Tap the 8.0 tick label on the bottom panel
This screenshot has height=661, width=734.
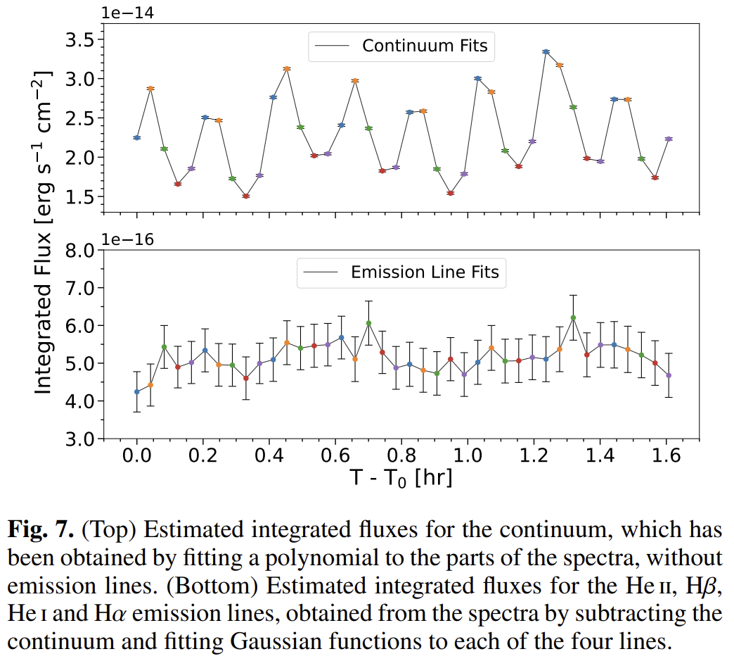coord(79,251)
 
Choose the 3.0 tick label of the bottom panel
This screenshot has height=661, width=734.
coord(79,439)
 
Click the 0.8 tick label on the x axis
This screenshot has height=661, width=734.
coord(401,456)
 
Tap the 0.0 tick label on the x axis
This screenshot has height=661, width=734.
coord(136,456)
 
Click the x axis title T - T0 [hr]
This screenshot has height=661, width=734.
coord(401,478)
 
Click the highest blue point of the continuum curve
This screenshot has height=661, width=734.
coord(546,51)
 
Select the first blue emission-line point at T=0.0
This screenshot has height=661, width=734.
coord(137,391)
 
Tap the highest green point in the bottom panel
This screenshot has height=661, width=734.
coord(573,317)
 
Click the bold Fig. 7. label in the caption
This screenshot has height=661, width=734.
coord(41,528)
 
